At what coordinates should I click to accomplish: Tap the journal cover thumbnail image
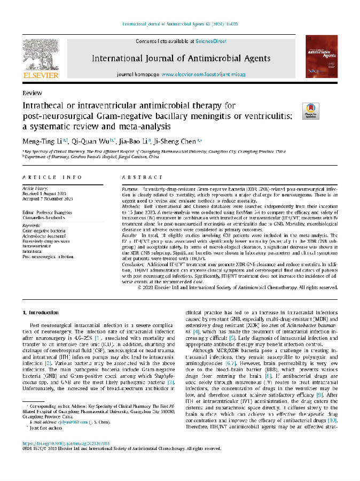[x=321, y=57]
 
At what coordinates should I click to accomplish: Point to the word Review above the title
[x=33, y=92]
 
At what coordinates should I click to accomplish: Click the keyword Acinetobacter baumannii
[x=46, y=235]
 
